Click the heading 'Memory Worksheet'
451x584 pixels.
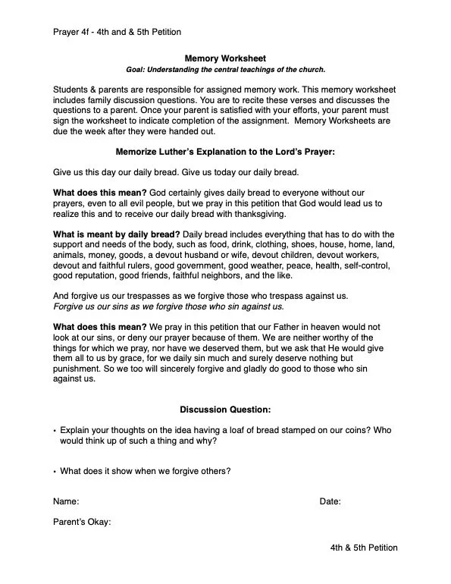click(225, 58)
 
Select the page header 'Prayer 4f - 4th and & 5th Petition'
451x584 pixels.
click(117, 31)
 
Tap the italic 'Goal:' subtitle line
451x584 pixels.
click(225, 70)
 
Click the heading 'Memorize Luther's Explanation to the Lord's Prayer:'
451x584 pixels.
click(225, 152)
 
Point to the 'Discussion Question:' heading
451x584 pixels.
click(225, 410)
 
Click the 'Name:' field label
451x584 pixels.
click(66, 501)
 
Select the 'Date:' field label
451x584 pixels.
click(330, 501)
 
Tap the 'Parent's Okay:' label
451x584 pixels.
click(82, 522)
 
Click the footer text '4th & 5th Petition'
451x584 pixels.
click(363, 548)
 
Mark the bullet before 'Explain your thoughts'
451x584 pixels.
click(55, 430)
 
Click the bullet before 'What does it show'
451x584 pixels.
click(55, 472)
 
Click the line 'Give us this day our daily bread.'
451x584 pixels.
click(114, 172)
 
